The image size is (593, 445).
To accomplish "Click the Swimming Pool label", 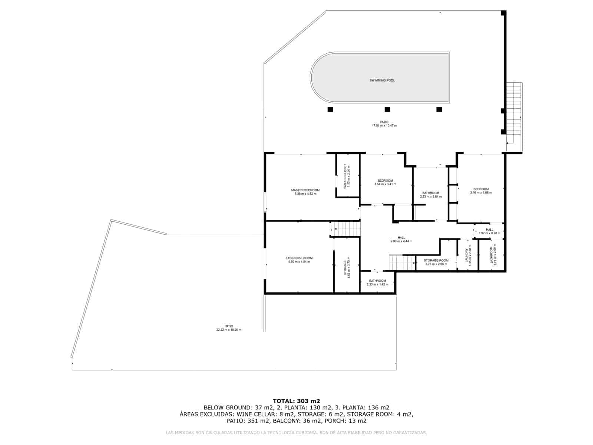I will pos(382,80).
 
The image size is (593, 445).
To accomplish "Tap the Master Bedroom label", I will pos(305,190).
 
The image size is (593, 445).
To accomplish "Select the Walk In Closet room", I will pos(347,177).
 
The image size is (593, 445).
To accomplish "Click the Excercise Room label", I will pos(299,258).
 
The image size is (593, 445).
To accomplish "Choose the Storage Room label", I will pos(436,260).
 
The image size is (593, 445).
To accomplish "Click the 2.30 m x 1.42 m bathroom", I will pos(377,283).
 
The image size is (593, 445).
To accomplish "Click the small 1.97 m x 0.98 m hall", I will pos(489,231).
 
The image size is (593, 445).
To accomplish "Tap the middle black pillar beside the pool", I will pos(387,109).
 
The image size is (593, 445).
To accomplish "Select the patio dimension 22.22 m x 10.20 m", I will pos(229,330).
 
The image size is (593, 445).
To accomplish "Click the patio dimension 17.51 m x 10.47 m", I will pos(384,126).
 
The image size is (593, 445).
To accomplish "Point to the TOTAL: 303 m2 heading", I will pos(296,401).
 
